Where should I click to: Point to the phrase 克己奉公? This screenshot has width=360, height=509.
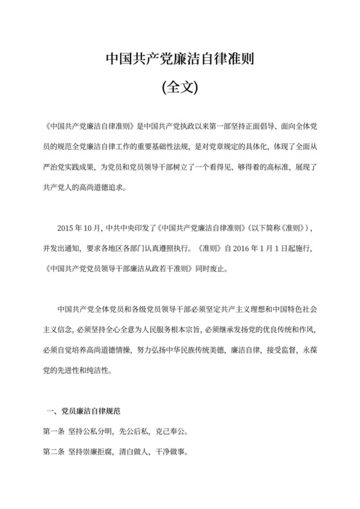click(x=169, y=431)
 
